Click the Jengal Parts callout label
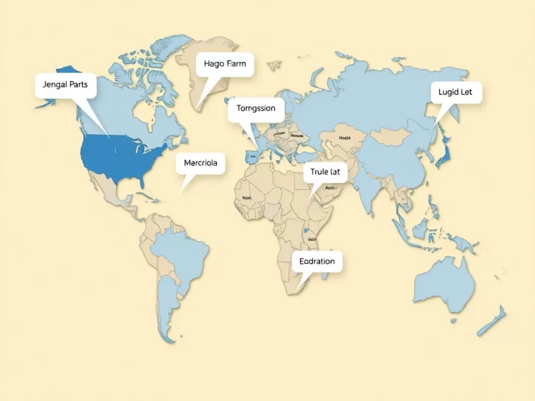pos(65,85)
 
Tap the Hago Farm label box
pos(224,64)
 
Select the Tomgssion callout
pos(256,109)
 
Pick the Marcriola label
pos(200,163)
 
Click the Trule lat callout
pos(325,172)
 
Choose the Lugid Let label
pos(456,93)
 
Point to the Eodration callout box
pos(317,261)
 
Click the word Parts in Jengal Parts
pos(78,85)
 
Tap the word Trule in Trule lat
pos(320,172)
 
